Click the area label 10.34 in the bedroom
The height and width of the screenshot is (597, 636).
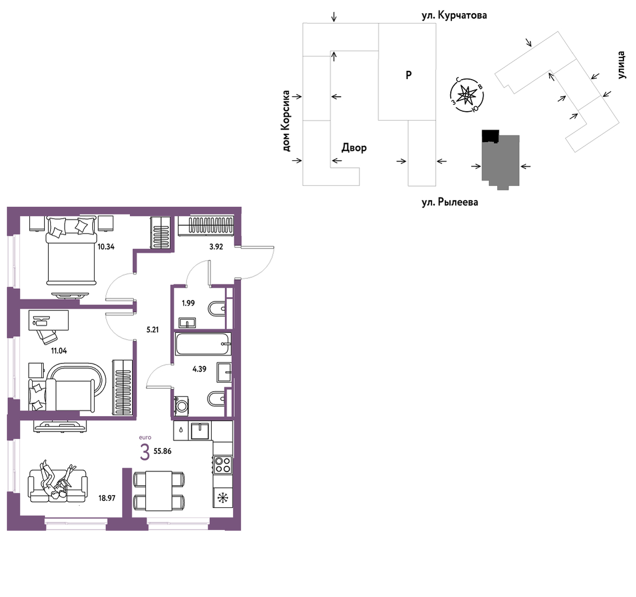coord(106,246)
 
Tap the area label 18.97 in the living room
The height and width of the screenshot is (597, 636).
coord(107,498)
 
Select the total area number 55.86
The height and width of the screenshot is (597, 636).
coord(163,451)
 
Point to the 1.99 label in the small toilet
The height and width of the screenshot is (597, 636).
coord(188,303)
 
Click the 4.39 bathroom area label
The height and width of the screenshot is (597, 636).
coord(199,369)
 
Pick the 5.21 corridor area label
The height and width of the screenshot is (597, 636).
coord(153,330)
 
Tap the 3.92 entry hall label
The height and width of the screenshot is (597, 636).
coord(216,246)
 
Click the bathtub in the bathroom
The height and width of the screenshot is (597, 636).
coord(203,344)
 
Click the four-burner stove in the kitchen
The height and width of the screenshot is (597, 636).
coord(223,465)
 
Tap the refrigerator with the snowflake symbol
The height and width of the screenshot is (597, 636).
coord(223,497)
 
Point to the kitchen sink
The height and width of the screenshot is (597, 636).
coord(200,430)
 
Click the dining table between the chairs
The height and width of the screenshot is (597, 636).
coord(159,491)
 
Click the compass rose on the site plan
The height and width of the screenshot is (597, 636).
coord(467,95)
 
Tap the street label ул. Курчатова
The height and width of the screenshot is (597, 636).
coord(454,15)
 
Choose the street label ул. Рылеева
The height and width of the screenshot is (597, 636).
coord(450,202)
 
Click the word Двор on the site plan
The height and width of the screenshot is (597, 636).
coord(354,147)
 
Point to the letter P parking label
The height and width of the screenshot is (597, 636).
coord(409,75)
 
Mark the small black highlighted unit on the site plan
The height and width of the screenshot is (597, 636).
coord(491,136)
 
